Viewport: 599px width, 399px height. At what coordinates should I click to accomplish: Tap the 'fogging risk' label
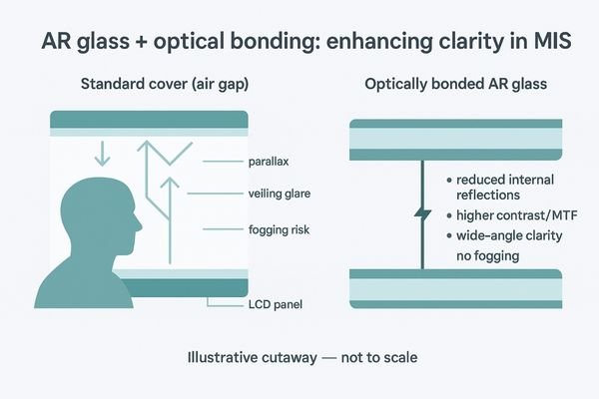tap(277, 229)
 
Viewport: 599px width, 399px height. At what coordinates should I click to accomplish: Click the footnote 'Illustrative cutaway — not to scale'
tap(299, 356)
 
